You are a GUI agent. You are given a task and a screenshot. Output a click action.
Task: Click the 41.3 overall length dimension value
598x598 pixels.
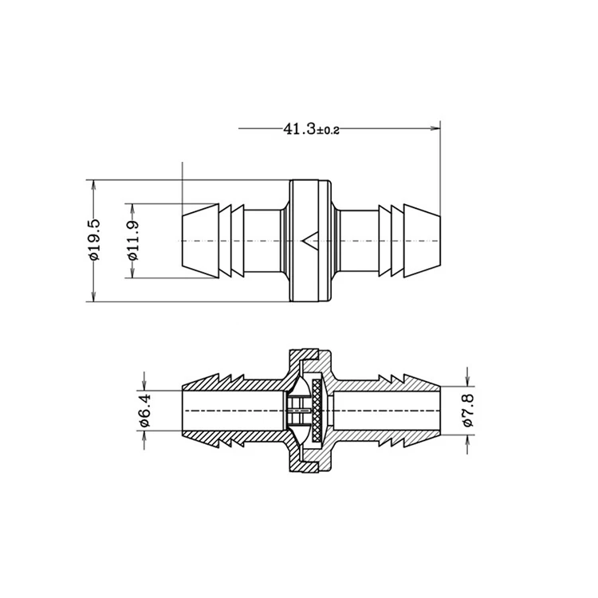[x=300, y=128]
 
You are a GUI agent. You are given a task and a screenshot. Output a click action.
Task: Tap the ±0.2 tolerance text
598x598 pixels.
[x=329, y=130]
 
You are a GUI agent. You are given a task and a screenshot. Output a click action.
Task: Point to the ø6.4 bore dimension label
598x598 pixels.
[x=144, y=410]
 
